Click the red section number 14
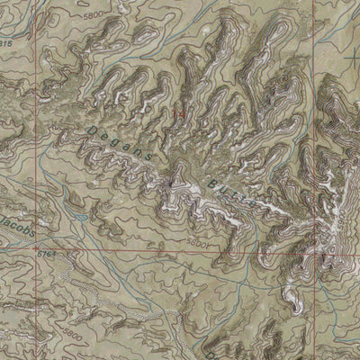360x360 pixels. coord(180,114)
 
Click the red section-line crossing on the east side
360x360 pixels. coord(316,249)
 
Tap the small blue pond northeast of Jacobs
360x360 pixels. coord(84,216)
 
